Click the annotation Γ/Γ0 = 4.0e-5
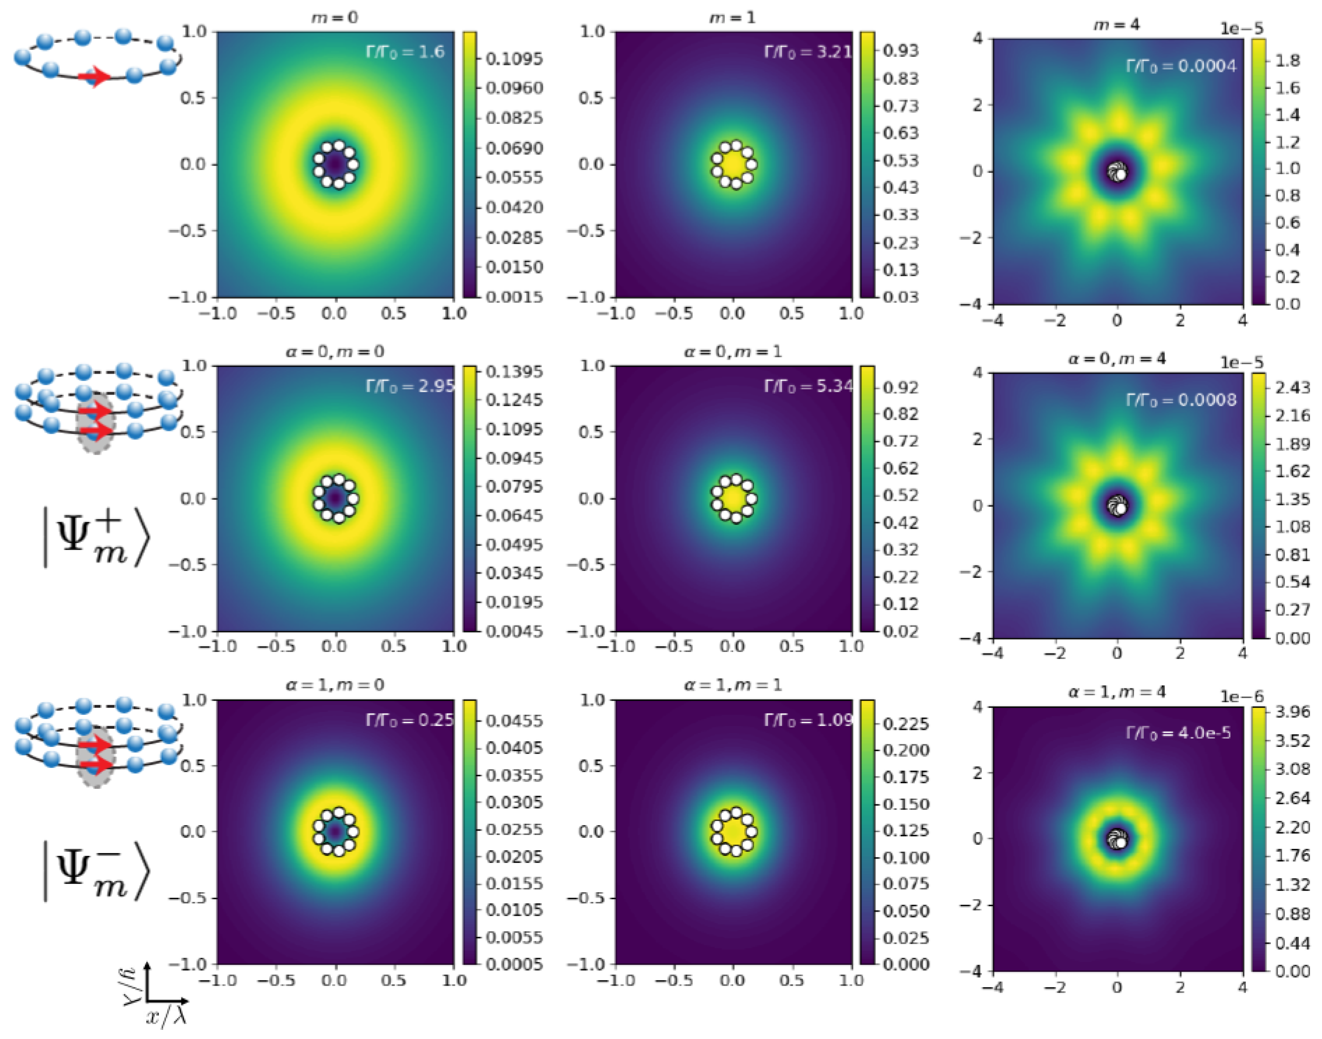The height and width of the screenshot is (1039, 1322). (x=1178, y=733)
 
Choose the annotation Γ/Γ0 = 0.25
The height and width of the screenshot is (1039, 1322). (x=409, y=720)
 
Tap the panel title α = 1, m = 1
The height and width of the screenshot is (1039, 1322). (x=733, y=685)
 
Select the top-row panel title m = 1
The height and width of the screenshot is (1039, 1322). (x=733, y=18)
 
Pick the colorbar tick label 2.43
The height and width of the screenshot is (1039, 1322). (x=1292, y=388)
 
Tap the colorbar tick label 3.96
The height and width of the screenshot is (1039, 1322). (x=1292, y=712)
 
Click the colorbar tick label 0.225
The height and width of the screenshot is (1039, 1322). (x=905, y=724)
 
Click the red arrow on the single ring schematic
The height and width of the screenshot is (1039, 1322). (x=94, y=77)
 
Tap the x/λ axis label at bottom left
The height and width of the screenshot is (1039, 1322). (x=165, y=1016)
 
